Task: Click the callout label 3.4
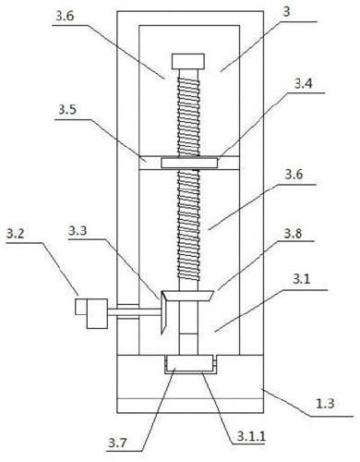pyautogui.click(x=304, y=84)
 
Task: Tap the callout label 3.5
pyautogui.click(x=67, y=110)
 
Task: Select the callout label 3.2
pyautogui.click(x=15, y=234)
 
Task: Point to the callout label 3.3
pyautogui.click(x=78, y=230)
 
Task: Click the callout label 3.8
pyautogui.click(x=294, y=234)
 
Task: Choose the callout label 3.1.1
pyautogui.click(x=251, y=436)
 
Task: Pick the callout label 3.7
pyautogui.click(x=117, y=444)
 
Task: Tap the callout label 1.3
pyautogui.click(x=325, y=403)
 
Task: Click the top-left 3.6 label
pyautogui.click(x=65, y=16)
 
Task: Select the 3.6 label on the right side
pyautogui.click(x=294, y=175)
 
